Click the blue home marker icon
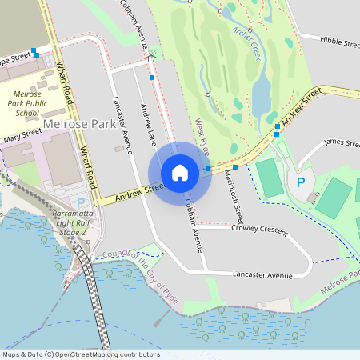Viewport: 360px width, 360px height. [x=180, y=172]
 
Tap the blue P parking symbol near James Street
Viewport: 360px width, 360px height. [x=301, y=182]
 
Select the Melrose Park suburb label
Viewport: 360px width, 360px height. [x=79, y=125]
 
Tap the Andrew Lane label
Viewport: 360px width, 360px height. [x=148, y=125]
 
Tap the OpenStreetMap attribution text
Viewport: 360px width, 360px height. [x=80, y=354]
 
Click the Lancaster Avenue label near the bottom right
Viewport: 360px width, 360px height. [x=262, y=274]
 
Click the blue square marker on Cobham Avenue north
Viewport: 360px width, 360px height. [x=152, y=78]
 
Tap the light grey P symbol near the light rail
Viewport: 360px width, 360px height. [x=80, y=204]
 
